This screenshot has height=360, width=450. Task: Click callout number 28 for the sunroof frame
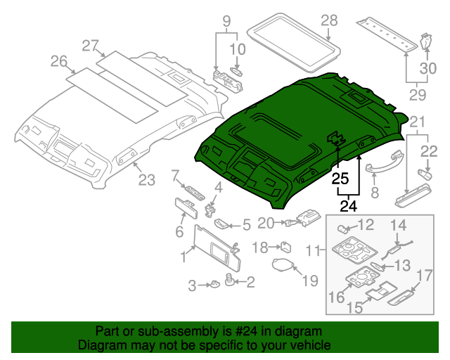pyautogui.click(x=329, y=21)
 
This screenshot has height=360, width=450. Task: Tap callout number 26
pyautogui.click(x=58, y=62)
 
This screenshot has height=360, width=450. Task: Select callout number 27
pyautogui.click(x=90, y=46)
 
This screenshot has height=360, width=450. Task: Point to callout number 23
pyautogui.click(x=146, y=181)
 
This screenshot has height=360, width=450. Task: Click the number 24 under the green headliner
pyautogui.click(x=349, y=207)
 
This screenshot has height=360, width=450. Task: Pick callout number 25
pyautogui.click(x=341, y=179)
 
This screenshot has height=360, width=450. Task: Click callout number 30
pyautogui.click(x=428, y=67)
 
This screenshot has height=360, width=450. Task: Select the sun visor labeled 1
pyautogui.click(x=214, y=246)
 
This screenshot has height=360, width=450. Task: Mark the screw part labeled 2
pyautogui.click(x=230, y=280)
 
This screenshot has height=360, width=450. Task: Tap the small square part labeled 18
pyautogui.click(x=287, y=246)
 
